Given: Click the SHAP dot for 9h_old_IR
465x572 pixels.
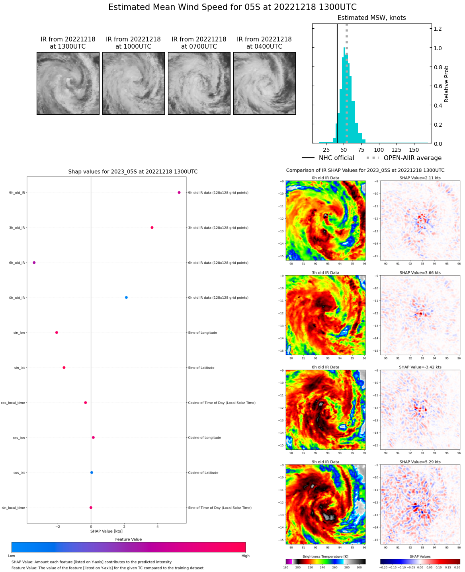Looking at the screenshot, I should (179, 192).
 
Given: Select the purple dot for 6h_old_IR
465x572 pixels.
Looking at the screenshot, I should (34, 262).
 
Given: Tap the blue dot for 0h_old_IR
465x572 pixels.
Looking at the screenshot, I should (126, 298).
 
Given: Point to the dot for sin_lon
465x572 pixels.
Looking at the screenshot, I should (57, 332).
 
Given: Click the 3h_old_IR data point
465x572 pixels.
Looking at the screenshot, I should (152, 227).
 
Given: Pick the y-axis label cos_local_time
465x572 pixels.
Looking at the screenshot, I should (13, 403).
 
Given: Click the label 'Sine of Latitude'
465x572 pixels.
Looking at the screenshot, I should (201, 368).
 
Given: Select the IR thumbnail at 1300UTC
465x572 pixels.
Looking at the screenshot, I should (68, 84).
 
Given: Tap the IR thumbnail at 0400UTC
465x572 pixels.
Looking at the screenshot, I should (264, 84).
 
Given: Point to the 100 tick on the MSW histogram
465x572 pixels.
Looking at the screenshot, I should (379, 150).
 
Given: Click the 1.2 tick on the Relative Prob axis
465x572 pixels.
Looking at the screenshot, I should (438, 29).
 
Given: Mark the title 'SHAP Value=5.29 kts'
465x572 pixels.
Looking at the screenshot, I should (420, 462).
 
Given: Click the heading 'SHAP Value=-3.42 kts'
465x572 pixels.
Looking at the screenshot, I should (420, 367).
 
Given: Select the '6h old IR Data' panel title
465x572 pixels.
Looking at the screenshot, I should (326, 367).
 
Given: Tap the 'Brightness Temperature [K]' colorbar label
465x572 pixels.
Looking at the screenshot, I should (325, 556).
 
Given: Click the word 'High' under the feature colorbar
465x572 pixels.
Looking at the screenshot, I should (245, 556).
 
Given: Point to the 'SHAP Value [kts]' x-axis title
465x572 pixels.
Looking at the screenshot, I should (106, 531).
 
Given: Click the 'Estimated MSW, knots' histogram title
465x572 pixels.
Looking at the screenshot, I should (371, 18).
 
